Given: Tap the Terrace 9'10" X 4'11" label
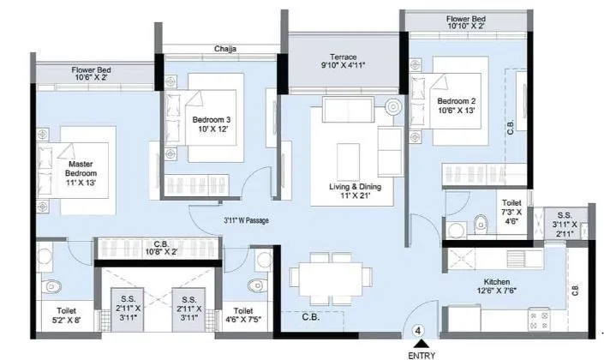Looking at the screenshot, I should tap(343, 63).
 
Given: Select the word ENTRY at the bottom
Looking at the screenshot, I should tap(419, 354).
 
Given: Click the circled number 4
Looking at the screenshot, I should tap(419, 329).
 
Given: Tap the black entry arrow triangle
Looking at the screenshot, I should tap(419, 343).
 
